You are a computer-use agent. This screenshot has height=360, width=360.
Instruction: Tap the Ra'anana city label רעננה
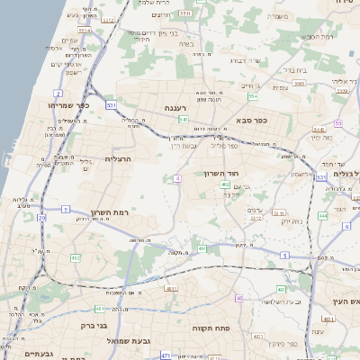[x=175, y=108]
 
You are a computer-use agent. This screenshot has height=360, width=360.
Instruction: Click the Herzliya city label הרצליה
[x=119, y=158]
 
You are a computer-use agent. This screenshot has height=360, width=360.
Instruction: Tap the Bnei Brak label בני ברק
[x=94, y=325]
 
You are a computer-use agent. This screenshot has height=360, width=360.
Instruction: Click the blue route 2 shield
[x=58, y=93]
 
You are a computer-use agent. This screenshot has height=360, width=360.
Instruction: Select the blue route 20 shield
[x=41, y=217]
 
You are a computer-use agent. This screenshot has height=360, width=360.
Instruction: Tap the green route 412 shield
[x=76, y=257]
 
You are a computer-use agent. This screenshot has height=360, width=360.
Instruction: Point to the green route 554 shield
[x=254, y=96]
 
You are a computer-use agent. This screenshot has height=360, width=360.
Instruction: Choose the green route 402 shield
[x=225, y=185]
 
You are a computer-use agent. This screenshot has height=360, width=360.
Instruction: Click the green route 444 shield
[x=323, y=216]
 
